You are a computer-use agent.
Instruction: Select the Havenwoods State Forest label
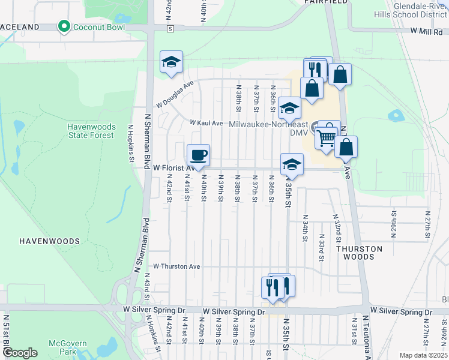90,131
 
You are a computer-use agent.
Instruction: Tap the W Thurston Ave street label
176,266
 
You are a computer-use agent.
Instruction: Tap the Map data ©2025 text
423,355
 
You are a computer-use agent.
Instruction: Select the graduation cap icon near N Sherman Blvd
171,62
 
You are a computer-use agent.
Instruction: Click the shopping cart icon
326,137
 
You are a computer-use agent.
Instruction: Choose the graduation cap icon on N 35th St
292,164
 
